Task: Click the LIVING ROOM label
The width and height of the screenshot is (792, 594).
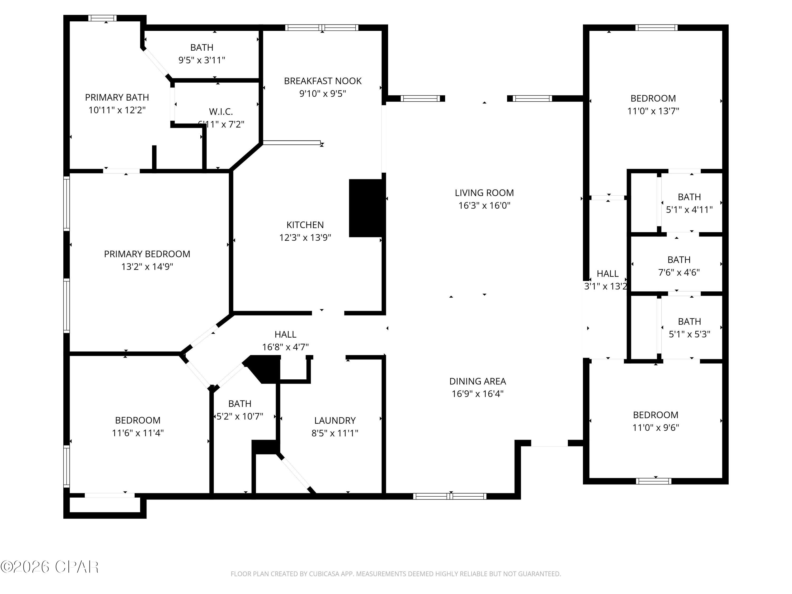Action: (x=484, y=193)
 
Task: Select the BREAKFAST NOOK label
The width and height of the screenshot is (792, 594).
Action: (x=323, y=81)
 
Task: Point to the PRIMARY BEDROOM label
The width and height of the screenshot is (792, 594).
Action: (x=147, y=254)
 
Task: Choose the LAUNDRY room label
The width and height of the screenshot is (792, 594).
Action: (x=335, y=420)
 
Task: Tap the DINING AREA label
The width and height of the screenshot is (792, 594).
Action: (x=477, y=381)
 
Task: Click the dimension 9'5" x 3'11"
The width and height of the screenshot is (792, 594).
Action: (x=202, y=60)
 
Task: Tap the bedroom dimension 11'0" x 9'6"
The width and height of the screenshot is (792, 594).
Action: (x=655, y=427)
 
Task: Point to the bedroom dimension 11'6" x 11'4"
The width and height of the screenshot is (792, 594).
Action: (x=138, y=433)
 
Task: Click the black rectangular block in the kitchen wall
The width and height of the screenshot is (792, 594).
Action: (x=366, y=208)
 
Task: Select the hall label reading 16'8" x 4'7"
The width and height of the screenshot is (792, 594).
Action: (x=285, y=347)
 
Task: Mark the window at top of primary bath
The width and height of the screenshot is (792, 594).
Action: (x=102, y=18)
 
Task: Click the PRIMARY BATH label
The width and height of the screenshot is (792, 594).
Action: (x=117, y=97)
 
